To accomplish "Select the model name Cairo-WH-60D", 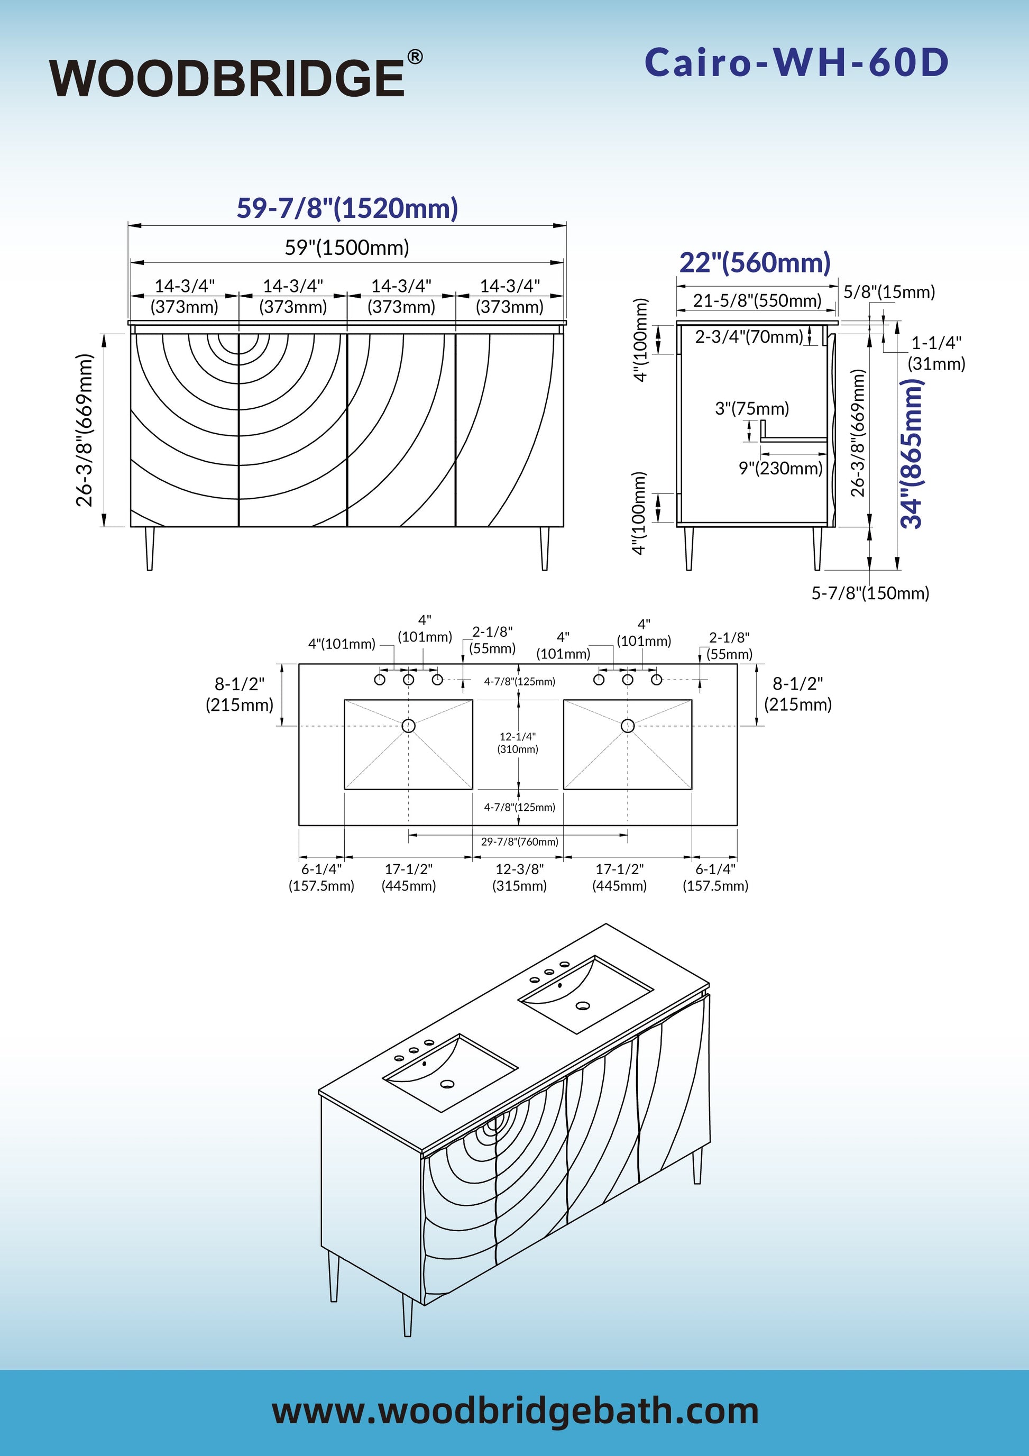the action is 796,63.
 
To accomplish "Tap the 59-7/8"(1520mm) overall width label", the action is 347,208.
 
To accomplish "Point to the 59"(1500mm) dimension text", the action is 347,248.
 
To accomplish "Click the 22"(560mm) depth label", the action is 755,262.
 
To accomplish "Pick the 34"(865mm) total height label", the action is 912,453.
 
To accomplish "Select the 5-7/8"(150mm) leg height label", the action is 870,593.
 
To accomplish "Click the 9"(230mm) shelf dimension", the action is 780,469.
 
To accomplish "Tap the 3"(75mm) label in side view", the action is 752,408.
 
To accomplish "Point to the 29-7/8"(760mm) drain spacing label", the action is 519,841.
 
